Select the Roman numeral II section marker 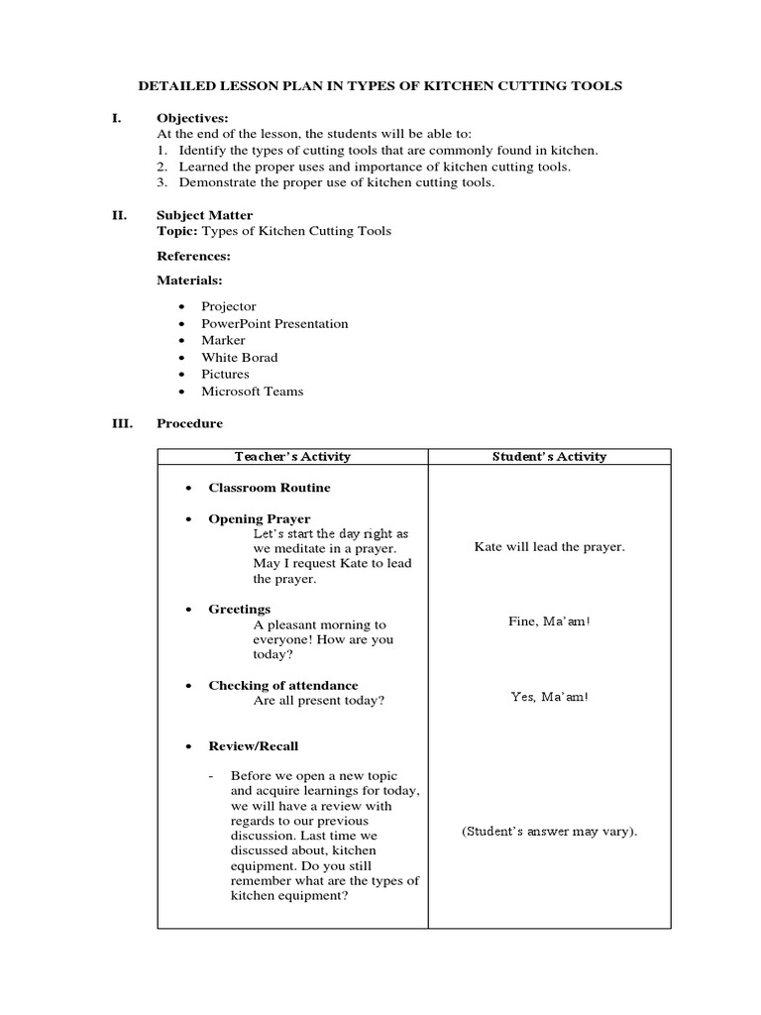click(x=117, y=215)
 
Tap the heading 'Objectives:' click(x=192, y=118)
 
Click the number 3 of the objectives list click(x=161, y=182)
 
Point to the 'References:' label click(x=193, y=256)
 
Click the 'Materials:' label click(x=189, y=281)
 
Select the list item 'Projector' click(x=228, y=307)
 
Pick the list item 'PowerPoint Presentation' click(x=274, y=324)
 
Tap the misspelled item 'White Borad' click(x=239, y=358)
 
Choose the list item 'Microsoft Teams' click(x=252, y=392)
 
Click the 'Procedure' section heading click(x=189, y=423)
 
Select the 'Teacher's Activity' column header click(x=292, y=457)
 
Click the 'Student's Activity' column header click(x=549, y=457)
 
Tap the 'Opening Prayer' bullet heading click(x=259, y=519)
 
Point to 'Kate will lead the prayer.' click(x=549, y=547)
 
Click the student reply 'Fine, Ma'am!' click(x=549, y=621)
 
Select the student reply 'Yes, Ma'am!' click(x=549, y=697)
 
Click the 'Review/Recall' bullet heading click(x=253, y=746)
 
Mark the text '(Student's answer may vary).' click(x=549, y=832)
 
